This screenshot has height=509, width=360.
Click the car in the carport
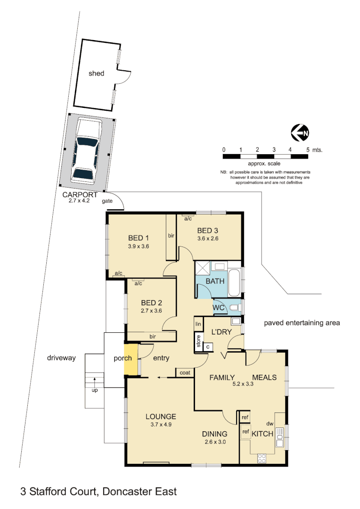[x=86, y=151]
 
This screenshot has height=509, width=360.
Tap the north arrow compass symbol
[x=300, y=133]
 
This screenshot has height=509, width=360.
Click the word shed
[x=96, y=74]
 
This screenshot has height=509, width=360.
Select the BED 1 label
[x=138, y=238]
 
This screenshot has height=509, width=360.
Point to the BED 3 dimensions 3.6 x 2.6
[x=208, y=238]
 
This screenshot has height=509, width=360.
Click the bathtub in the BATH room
[x=234, y=283]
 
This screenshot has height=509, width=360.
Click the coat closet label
[x=184, y=372]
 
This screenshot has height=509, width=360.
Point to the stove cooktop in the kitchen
[x=262, y=458]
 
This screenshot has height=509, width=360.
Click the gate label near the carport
[x=108, y=201]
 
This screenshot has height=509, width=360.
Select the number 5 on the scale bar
[x=308, y=149]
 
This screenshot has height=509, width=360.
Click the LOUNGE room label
[x=161, y=417]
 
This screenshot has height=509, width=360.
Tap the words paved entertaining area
[x=302, y=323]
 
